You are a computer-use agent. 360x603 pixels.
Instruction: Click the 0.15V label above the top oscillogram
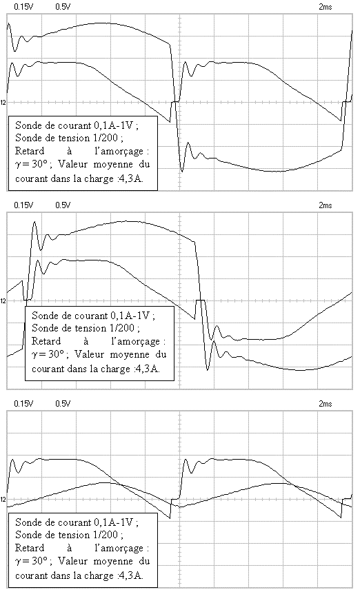coord(23,6)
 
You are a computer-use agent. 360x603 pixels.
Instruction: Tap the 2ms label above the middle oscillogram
coord(326,205)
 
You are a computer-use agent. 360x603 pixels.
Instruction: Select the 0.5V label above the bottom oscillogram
coord(63,403)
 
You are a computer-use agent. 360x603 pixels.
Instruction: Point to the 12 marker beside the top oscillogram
coord(3,102)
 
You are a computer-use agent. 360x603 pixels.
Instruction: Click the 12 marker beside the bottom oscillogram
coord(3,499)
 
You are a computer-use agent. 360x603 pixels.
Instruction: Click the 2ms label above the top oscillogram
coord(326,6)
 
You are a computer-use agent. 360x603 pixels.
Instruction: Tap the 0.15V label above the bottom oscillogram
coord(23,403)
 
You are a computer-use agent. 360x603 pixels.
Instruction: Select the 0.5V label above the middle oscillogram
coord(63,205)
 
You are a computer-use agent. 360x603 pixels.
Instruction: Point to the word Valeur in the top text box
coord(72,164)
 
